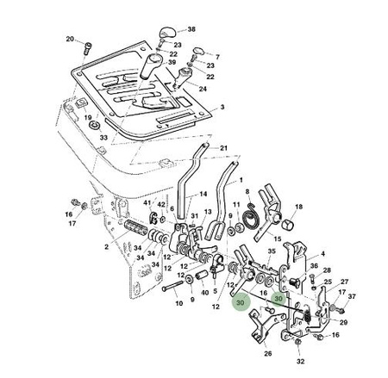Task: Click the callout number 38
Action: click(x=191, y=29)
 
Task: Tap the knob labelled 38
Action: click(x=167, y=32)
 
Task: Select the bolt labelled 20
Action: click(x=87, y=48)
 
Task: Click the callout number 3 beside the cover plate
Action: click(x=222, y=107)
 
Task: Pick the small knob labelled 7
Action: click(x=198, y=51)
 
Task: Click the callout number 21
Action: click(x=223, y=148)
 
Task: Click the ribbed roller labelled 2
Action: click(x=135, y=227)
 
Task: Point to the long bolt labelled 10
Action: click(x=173, y=286)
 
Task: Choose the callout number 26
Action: click(x=267, y=353)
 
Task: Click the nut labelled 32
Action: click(x=298, y=342)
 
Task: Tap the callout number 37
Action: click(x=352, y=296)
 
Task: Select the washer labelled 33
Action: click(x=94, y=125)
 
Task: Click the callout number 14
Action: click(x=203, y=194)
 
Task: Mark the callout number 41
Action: click(x=147, y=203)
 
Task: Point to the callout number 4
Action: click(x=323, y=254)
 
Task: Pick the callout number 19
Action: click(x=88, y=117)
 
